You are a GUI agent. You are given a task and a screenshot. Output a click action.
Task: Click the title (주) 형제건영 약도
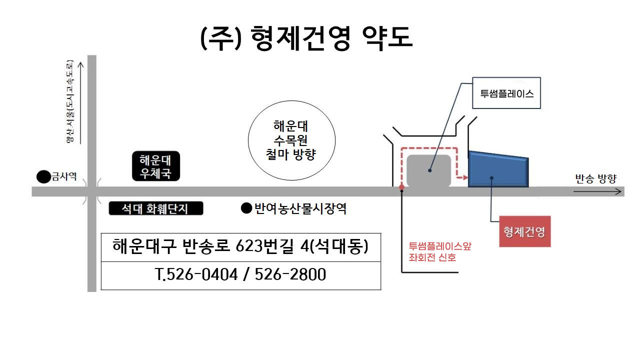click(x=306, y=38)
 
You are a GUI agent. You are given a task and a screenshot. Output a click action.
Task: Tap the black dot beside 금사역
click(x=43, y=176)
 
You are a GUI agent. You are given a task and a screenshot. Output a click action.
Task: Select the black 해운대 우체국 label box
click(x=156, y=166)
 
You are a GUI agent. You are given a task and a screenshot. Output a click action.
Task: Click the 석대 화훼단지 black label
click(x=156, y=208)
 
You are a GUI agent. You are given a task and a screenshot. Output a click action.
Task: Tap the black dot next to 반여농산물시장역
click(x=246, y=208)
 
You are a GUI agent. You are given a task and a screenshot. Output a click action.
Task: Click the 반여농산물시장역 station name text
click(x=300, y=208)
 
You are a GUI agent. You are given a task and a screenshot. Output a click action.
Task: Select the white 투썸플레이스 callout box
click(x=506, y=93)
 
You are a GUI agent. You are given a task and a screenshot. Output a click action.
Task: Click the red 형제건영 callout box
click(x=525, y=231)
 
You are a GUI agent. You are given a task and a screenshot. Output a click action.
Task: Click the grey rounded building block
click(x=428, y=171)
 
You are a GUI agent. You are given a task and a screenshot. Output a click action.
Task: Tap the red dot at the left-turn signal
click(x=401, y=187)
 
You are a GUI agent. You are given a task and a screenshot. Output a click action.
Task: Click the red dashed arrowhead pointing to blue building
click(x=465, y=177)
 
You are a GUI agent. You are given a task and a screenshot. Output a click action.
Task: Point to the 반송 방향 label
click(x=596, y=179)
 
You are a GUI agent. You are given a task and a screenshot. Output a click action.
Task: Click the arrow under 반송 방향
click(x=597, y=191)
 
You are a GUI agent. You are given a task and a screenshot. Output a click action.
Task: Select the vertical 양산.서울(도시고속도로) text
click(x=69, y=101)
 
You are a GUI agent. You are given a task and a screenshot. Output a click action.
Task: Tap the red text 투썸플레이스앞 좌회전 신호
click(x=439, y=251)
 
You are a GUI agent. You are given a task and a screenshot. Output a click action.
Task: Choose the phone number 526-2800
click(x=290, y=274)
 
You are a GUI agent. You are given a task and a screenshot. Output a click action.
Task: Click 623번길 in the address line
click(x=264, y=246)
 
